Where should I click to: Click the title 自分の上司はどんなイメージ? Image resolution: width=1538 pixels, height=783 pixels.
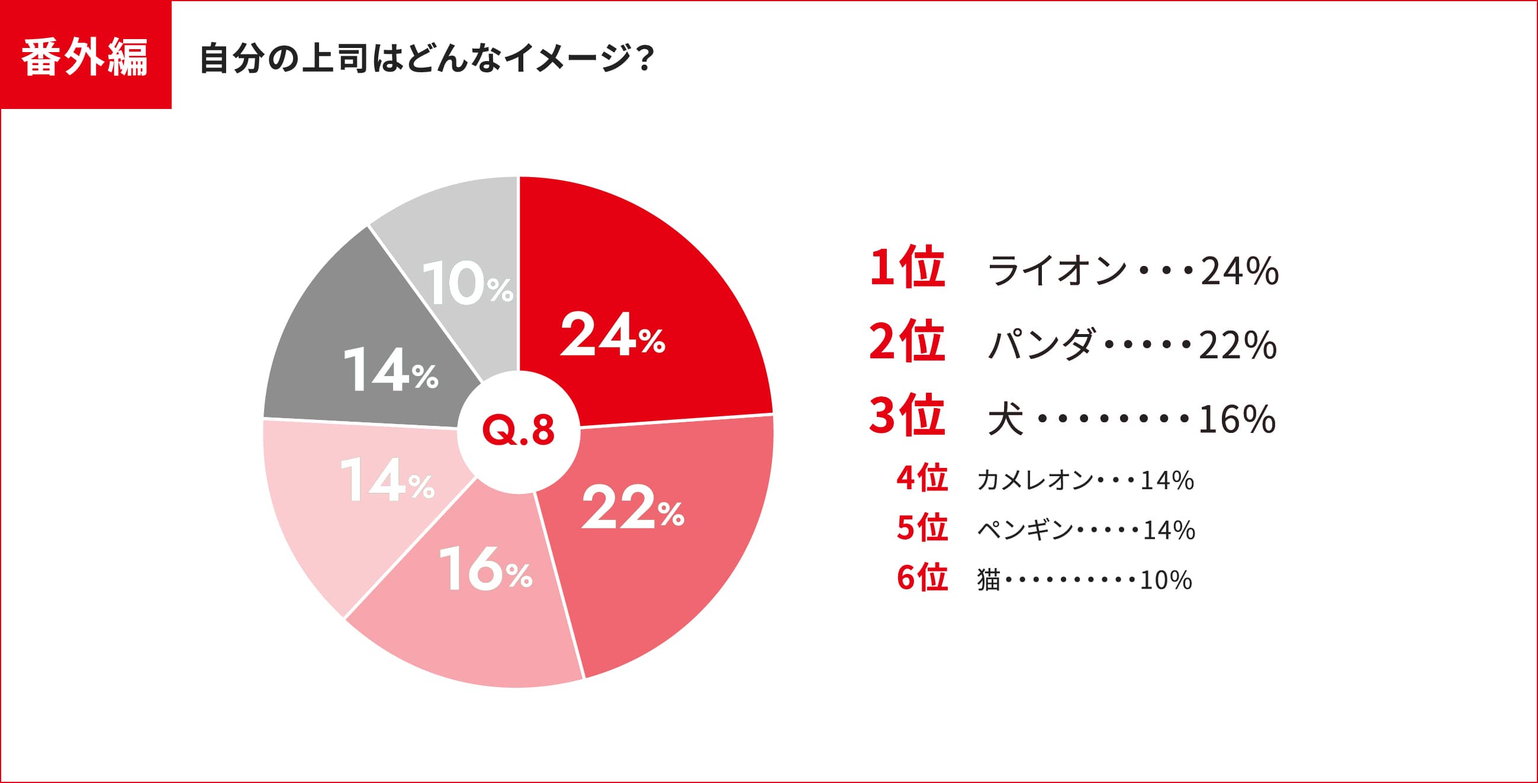pos(426,59)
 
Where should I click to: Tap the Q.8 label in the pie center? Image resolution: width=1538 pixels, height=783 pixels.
pos(518,431)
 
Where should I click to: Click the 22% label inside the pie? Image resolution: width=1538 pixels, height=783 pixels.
pos(632,509)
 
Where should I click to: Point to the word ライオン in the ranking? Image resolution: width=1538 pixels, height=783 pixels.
pos(1056,271)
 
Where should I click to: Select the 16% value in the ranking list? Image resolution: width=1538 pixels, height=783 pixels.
pos(1237,419)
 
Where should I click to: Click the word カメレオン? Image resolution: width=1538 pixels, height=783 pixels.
pos(1035,480)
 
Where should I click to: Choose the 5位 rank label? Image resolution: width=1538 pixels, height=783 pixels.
pos(922,528)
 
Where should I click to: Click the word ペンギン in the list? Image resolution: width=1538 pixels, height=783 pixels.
pos(1025,530)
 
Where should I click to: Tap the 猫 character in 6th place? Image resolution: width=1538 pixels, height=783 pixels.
pos(988,580)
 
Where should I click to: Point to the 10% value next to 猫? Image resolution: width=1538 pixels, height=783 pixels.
pos(1166,580)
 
